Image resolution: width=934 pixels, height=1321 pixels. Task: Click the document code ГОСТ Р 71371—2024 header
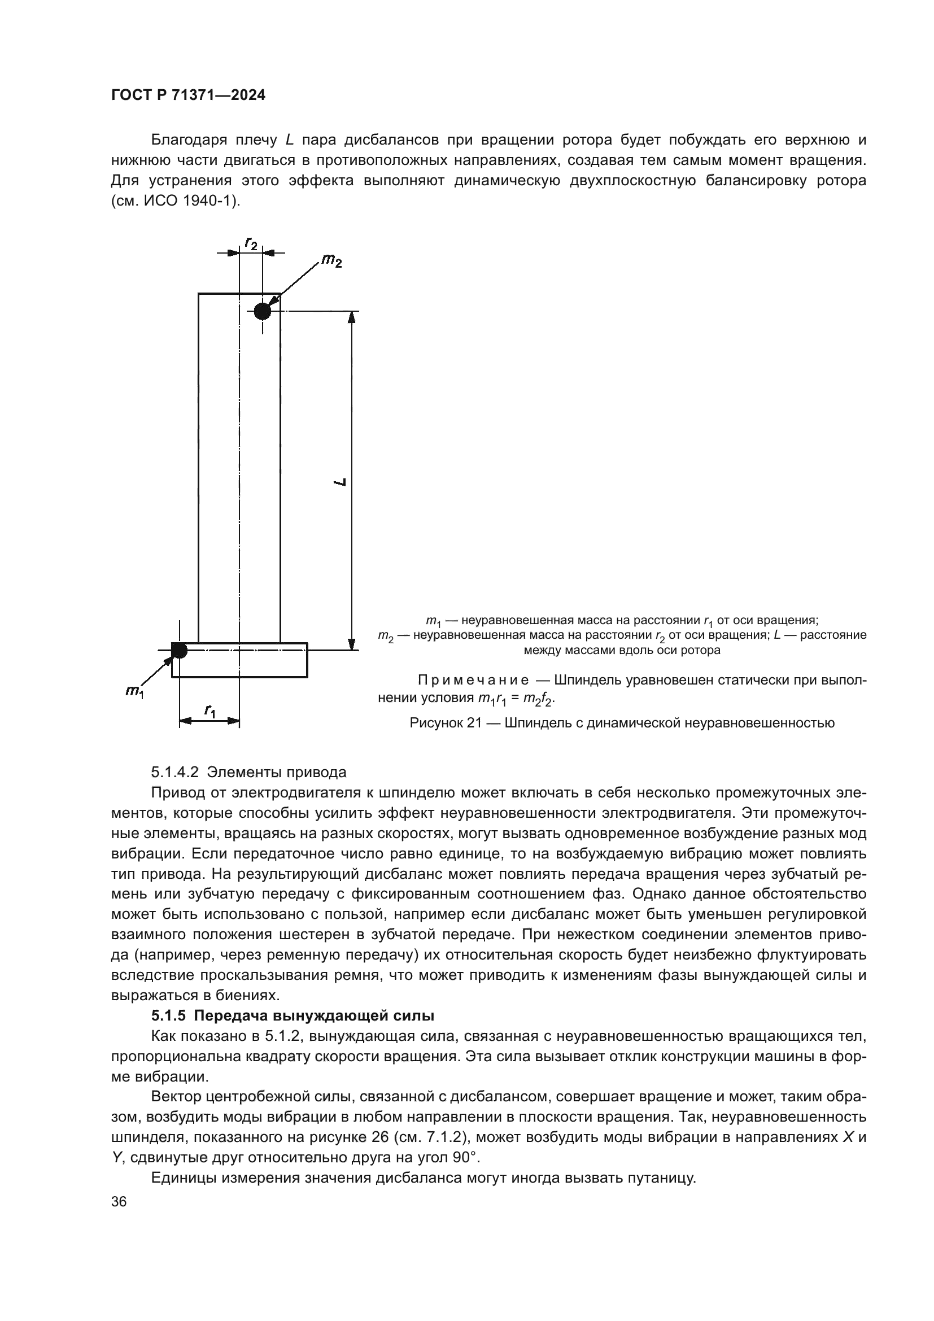click(189, 95)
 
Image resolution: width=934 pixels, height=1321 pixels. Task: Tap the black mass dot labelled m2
click(262, 311)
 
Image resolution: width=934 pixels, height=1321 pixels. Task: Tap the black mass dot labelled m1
click(180, 650)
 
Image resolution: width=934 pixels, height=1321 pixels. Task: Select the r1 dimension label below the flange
click(210, 710)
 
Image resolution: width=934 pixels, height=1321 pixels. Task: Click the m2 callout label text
click(331, 260)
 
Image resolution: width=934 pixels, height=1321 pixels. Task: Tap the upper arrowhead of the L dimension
click(352, 318)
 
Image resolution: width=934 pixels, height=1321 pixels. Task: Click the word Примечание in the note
click(473, 681)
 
